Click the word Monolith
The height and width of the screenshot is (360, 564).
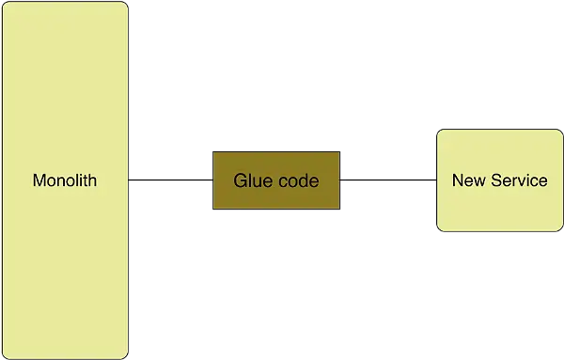(x=65, y=180)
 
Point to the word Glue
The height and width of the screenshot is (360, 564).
(x=251, y=180)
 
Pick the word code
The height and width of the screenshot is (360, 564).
(x=296, y=180)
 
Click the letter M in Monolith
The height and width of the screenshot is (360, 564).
(x=39, y=180)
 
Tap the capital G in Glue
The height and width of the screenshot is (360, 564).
(x=240, y=180)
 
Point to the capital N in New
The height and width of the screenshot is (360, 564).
(x=458, y=180)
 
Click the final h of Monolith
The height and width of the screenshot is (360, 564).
(x=93, y=180)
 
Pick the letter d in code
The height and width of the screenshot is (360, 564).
(x=302, y=180)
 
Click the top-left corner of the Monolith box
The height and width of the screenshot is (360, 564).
(x=5, y=3)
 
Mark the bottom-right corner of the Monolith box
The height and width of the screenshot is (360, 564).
(x=127, y=357)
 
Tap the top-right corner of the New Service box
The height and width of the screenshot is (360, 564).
(x=560, y=131)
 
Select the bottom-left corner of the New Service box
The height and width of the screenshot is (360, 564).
(x=438, y=230)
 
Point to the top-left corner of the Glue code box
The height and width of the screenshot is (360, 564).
(x=213, y=151)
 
